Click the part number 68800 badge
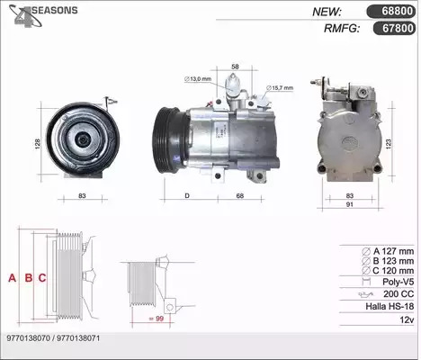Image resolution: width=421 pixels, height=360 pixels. tap(391, 12)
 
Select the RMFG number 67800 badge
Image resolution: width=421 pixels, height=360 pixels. tap(394, 28)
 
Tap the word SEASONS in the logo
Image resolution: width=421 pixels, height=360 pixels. tap(55, 10)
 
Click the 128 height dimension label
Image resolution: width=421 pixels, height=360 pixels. tap(37, 144)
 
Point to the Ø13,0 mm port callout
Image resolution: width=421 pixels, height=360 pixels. tap(198, 79)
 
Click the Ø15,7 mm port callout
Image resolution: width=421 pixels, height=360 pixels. tap(280, 88)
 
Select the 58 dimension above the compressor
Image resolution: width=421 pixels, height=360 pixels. tap(236, 67)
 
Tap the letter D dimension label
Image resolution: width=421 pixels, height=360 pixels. tap(187, 196)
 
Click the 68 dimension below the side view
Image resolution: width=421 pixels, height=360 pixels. tap(240, 196)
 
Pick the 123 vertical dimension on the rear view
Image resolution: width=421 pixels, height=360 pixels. tap(389, 144)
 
